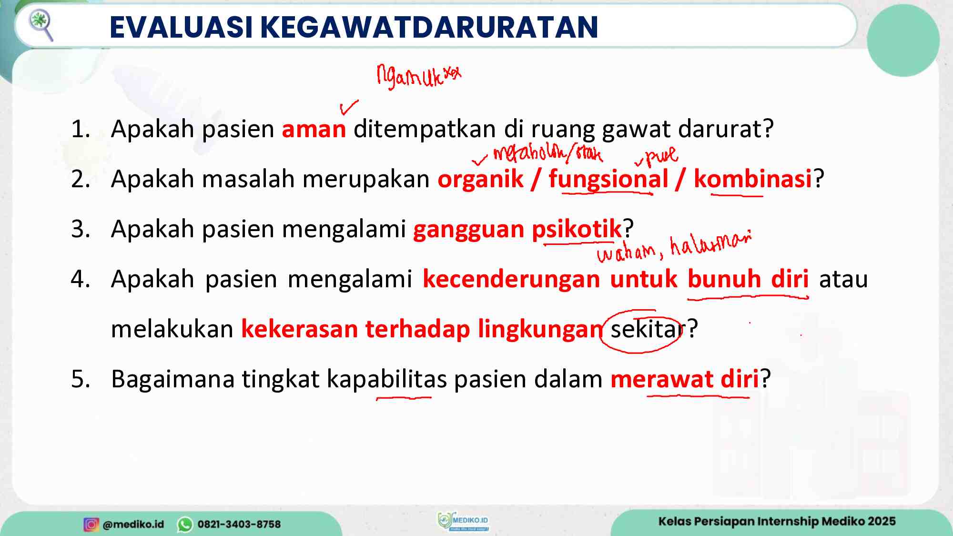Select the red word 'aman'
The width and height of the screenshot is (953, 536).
[x=314, y=129]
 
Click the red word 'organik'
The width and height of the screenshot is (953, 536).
[x=480, y=179]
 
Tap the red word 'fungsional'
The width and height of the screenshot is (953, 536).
[x=608, y=179]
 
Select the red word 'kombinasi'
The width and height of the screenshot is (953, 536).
[x=752, y=179]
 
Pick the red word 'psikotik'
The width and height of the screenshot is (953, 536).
[x=577, y=229]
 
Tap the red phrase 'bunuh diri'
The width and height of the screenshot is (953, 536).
[x=748, y=279]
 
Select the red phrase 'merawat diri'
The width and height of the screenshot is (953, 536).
[x=684, y=379]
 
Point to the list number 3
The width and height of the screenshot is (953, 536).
[x=80, y=229]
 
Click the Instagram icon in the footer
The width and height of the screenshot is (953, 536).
[x=91, y=524]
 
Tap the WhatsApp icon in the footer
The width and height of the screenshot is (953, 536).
[x=185, y=524]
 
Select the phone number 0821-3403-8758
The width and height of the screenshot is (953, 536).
[x=239, y=524]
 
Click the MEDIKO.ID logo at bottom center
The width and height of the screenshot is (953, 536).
[x=463, y=521]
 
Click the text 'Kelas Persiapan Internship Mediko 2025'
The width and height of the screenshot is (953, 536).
[x=777, y=521]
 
